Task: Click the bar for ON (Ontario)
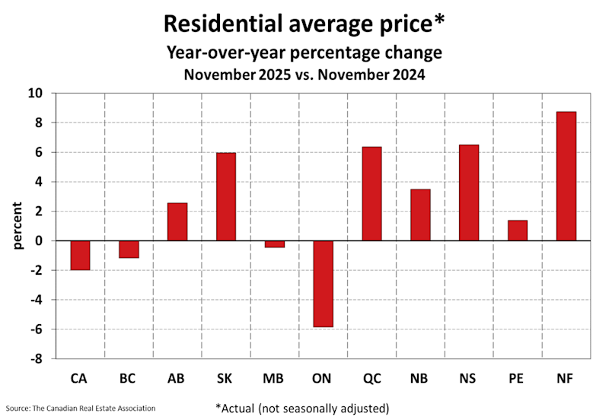[x=323, y=284]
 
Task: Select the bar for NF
[x=566, y=177]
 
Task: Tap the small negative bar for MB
[x=275, y=244]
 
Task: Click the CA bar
[x=81, y=256]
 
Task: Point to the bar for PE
[x=518, y=231]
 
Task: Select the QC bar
[x=371, y=194]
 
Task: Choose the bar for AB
[x=177, y=222]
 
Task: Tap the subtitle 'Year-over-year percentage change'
[x=304, y=53]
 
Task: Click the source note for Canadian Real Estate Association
[x=81, y=409]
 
